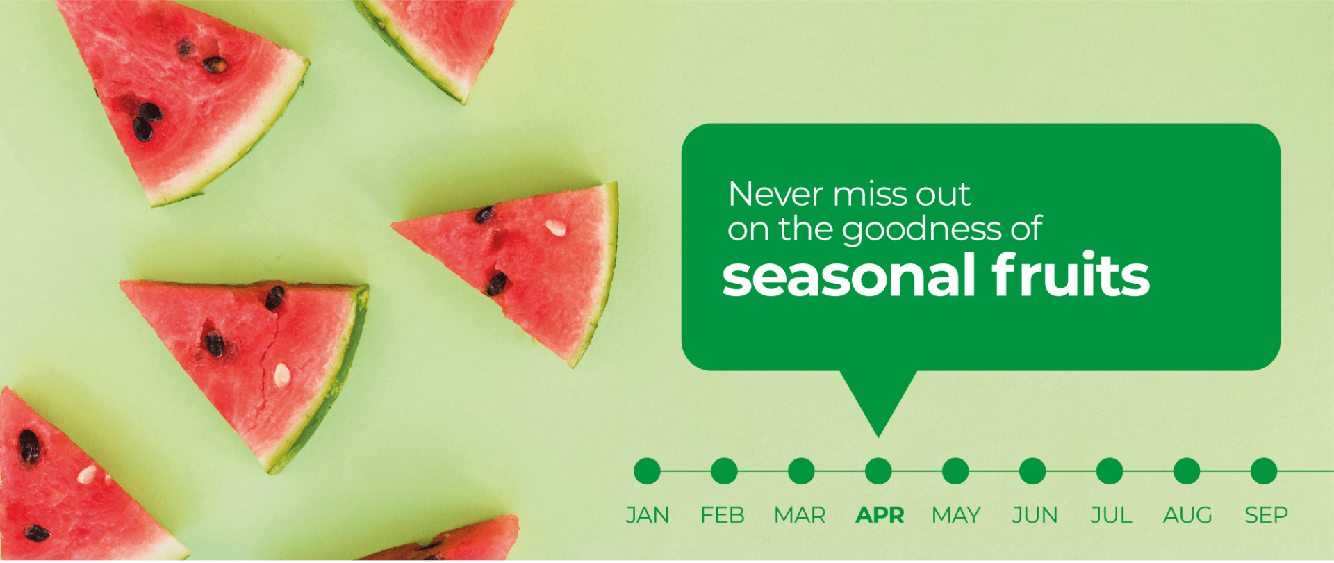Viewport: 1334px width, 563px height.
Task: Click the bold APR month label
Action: click(x=880, y=516)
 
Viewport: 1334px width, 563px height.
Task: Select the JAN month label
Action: click(x=648, y=516)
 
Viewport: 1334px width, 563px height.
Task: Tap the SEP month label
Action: click(x=1266, y=516)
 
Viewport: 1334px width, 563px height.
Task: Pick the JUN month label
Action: click(x=1035, y=516)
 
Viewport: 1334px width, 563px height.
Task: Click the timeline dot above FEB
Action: click(x=724, y=471)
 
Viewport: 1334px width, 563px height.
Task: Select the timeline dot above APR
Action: click(x=878, y=471)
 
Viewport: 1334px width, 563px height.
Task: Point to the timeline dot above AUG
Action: click(x=1187, y=471)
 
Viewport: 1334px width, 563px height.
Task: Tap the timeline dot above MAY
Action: click(x=955, y=471)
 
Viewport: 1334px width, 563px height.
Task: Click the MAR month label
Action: click(x=800, y=516)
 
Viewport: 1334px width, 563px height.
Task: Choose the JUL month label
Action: click(x=1111, y=516)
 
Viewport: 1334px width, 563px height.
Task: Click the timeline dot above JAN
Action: click(x=647, y=471)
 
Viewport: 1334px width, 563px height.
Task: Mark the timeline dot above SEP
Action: click(x=1264, y=471)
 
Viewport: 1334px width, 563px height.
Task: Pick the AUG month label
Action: click(x=1187, y=516)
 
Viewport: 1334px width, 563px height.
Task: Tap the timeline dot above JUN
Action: click(x=1032, y=471)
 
